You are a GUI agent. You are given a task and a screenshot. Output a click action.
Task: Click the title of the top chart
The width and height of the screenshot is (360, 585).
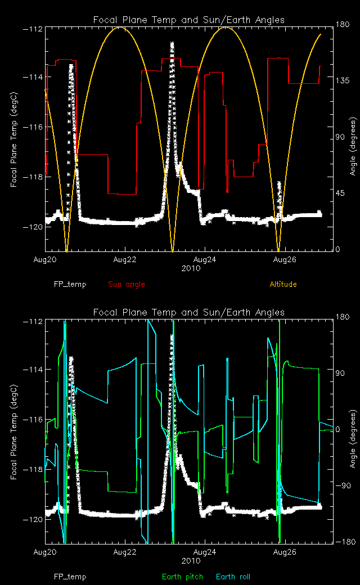(x=188, y=20)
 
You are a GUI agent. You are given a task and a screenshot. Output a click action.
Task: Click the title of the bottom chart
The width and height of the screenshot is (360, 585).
(x=188, y=312)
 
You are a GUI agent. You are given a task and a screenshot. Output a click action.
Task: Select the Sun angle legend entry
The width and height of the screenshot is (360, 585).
(x=127, y=284)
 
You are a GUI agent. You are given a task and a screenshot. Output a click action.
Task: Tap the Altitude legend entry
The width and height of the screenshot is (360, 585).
(x=283, y=284)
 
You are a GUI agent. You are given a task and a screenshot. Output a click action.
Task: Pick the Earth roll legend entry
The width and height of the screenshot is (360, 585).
(x=233, y=577)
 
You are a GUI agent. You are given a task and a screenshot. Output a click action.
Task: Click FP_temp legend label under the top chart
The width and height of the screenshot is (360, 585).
(x=70, y=284)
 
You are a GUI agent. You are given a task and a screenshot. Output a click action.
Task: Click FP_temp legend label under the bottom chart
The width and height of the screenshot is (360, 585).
(x=70, y=577)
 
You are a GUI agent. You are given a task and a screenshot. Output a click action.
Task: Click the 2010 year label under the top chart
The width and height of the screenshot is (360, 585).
(x=188, y=268)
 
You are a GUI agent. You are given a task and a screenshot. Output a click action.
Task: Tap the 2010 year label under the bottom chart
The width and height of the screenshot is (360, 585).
(x=188, y=561)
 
